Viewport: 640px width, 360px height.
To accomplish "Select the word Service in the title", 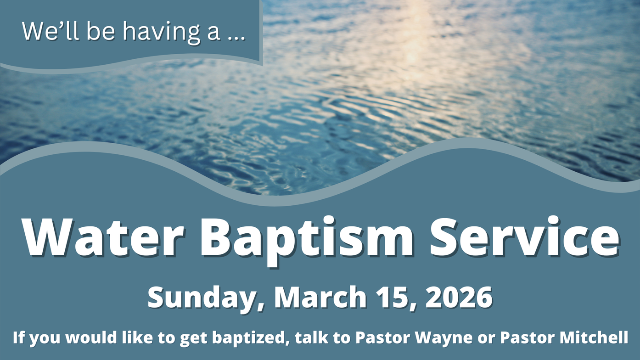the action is click(x=525, y=237).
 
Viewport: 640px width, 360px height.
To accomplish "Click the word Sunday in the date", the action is click(x=206, y=298).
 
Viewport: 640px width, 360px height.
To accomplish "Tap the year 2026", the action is click(x=459, y=297).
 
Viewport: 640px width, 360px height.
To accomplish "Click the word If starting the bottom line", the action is click(x=18, y=337).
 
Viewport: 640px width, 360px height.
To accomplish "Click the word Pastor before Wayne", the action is click(x=383, y=337).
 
